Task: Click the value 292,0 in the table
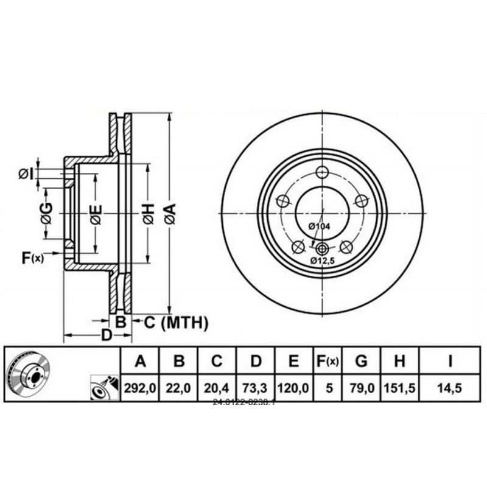point(141,388)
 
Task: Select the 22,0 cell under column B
point(178,388)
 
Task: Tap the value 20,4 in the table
point(217,388)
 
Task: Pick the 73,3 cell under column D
point(256,388)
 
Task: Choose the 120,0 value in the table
point(293,388)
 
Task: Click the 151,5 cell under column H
point(400,388)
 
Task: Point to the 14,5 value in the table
point(450,388)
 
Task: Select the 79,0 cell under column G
point(361,388)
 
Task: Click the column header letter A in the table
point(141,362)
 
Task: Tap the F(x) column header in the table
point(327,362)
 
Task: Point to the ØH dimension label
point(148,214)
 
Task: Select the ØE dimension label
point(95,214)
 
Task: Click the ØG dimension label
point(46,212)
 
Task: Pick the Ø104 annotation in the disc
point(319,226)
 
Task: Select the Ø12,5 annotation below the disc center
point(323,260)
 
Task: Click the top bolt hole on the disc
point(323,171)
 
